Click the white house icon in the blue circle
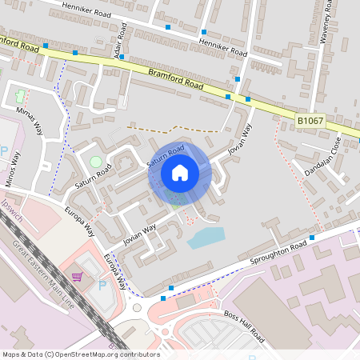click(180, 173)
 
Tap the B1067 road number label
click(310, 120)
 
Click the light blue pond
click(206, 237)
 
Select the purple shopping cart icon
click(77, 277)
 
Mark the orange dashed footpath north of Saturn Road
click(172, 129)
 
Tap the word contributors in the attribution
click(139, 354)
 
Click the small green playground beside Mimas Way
click(20, 96)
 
